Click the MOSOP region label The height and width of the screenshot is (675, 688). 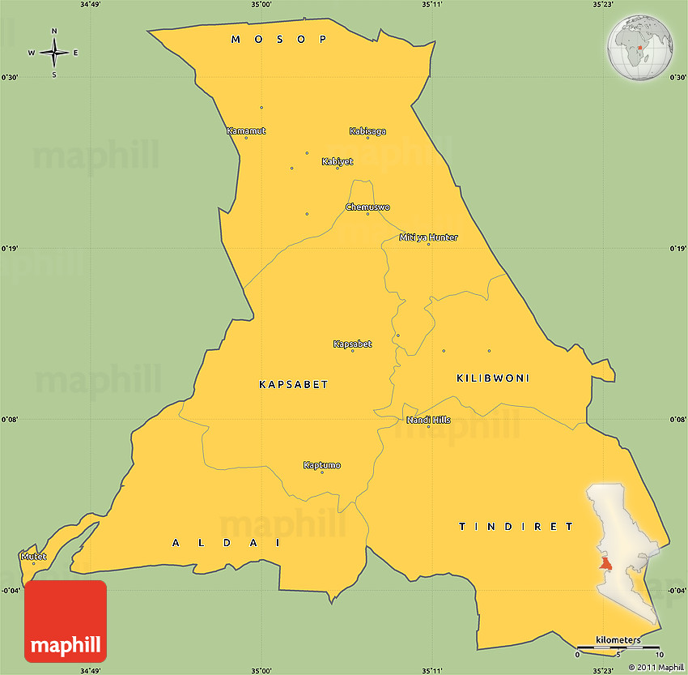pyautogui.click(x=278, y=39)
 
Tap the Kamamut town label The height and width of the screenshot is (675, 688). pyautogui.click(x=246, y=130)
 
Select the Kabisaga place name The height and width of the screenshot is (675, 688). pyautogui.click(x=367, y=130)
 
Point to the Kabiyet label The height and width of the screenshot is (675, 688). pyautogui.click(x=338, y=161)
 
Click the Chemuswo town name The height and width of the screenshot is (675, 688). pyautogui.click(x=367, y=207)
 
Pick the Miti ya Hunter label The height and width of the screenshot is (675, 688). pyautogui.click(x=428, y=237)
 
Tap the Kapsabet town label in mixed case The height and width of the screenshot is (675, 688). pyautogui.click(x=352, y=344)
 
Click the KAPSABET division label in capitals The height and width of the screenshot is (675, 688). pyautogui.click(x=293, y=384)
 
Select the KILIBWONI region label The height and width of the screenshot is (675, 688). pyautogui.click(x=493, y=378)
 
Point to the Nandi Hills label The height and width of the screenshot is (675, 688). pyautogui.click(x=428, y=420)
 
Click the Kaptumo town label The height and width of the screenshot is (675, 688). pyautogui.click(x=321, y=465)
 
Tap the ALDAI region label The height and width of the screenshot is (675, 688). pyautogui.click(x=226, y=542)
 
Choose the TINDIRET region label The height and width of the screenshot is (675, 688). pyautogui.click(x=516, y=527)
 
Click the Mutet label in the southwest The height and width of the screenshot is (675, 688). pyautogui.click(x=33, y=557)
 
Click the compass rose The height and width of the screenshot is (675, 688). pyautogui.click(x=54, y=53)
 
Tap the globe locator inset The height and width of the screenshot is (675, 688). pyautogui.click(x=640, y=49)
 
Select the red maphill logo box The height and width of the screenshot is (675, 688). pyautogui.click(x=66, y=621)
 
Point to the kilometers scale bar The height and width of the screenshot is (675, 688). pyautogui.click(x=618, y=647)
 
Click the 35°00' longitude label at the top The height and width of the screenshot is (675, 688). pyautogui.click(x=261, y=5)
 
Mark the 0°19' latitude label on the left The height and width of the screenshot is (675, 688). pyautogui.click(x=10, y=249)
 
